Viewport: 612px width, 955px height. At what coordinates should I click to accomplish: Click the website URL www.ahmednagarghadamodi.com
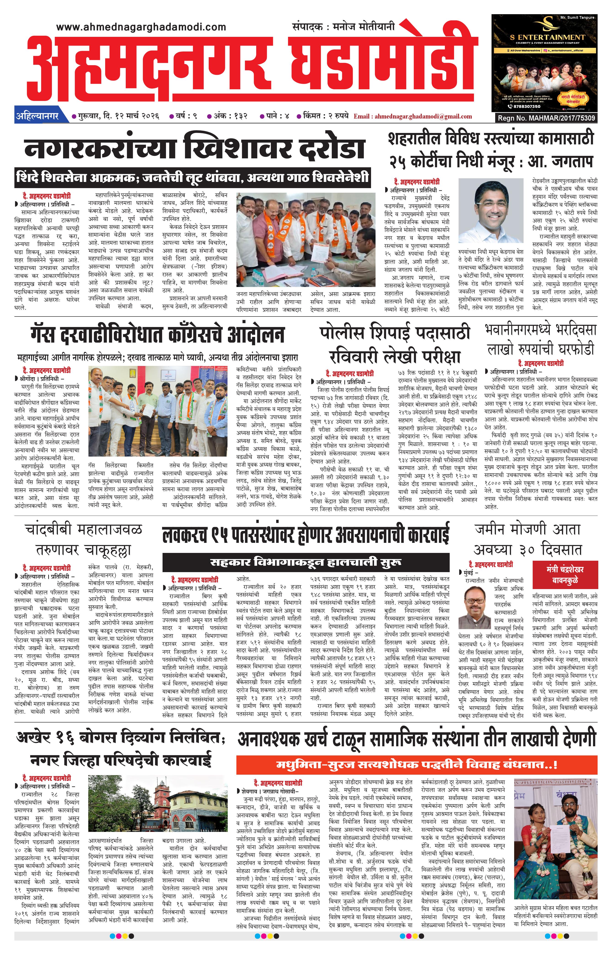141,27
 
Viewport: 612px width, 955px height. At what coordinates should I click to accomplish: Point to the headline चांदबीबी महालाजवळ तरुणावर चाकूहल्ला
83,540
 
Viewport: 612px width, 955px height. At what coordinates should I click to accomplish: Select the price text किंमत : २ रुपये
325,116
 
